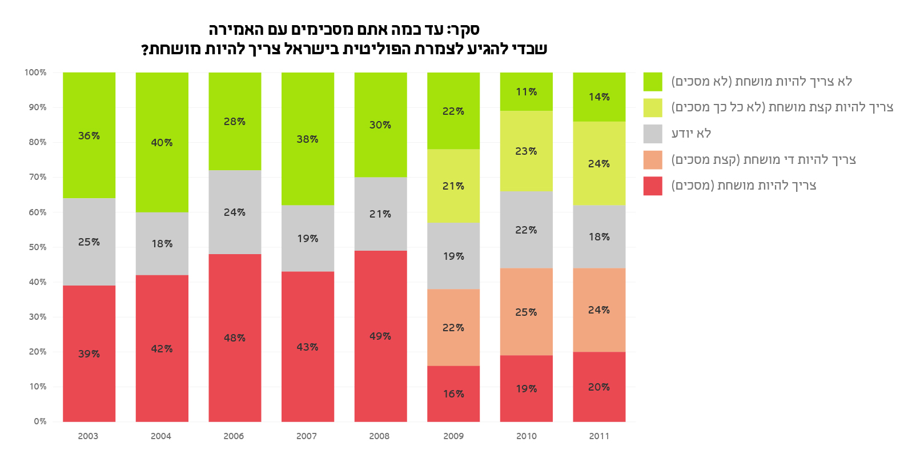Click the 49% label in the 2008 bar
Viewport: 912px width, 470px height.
click(x=380, y=336)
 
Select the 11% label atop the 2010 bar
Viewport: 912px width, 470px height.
click(x=526, y=92)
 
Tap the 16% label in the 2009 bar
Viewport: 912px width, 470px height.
click(x=453, y=394)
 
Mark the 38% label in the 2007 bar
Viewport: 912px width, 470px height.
click(x=307, y=139)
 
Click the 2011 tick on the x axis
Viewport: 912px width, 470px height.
click(x=599, y=436)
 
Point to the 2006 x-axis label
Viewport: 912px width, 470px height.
click(x=234, y=436)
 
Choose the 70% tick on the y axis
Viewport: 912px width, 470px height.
click(x=38, y=177)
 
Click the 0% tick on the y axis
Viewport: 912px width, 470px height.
click(x=40, y=421)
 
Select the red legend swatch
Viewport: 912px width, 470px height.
click(x=653, y=186)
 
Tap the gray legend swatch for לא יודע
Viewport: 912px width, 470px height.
click(x=653, y=134)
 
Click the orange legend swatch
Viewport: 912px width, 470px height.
click(x=653, y=160)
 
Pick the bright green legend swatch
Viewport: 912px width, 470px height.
click(x=653, y=82)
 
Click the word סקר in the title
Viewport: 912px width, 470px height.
click(x=465, y=30)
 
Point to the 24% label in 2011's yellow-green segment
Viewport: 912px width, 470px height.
click(x=599, y=164)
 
